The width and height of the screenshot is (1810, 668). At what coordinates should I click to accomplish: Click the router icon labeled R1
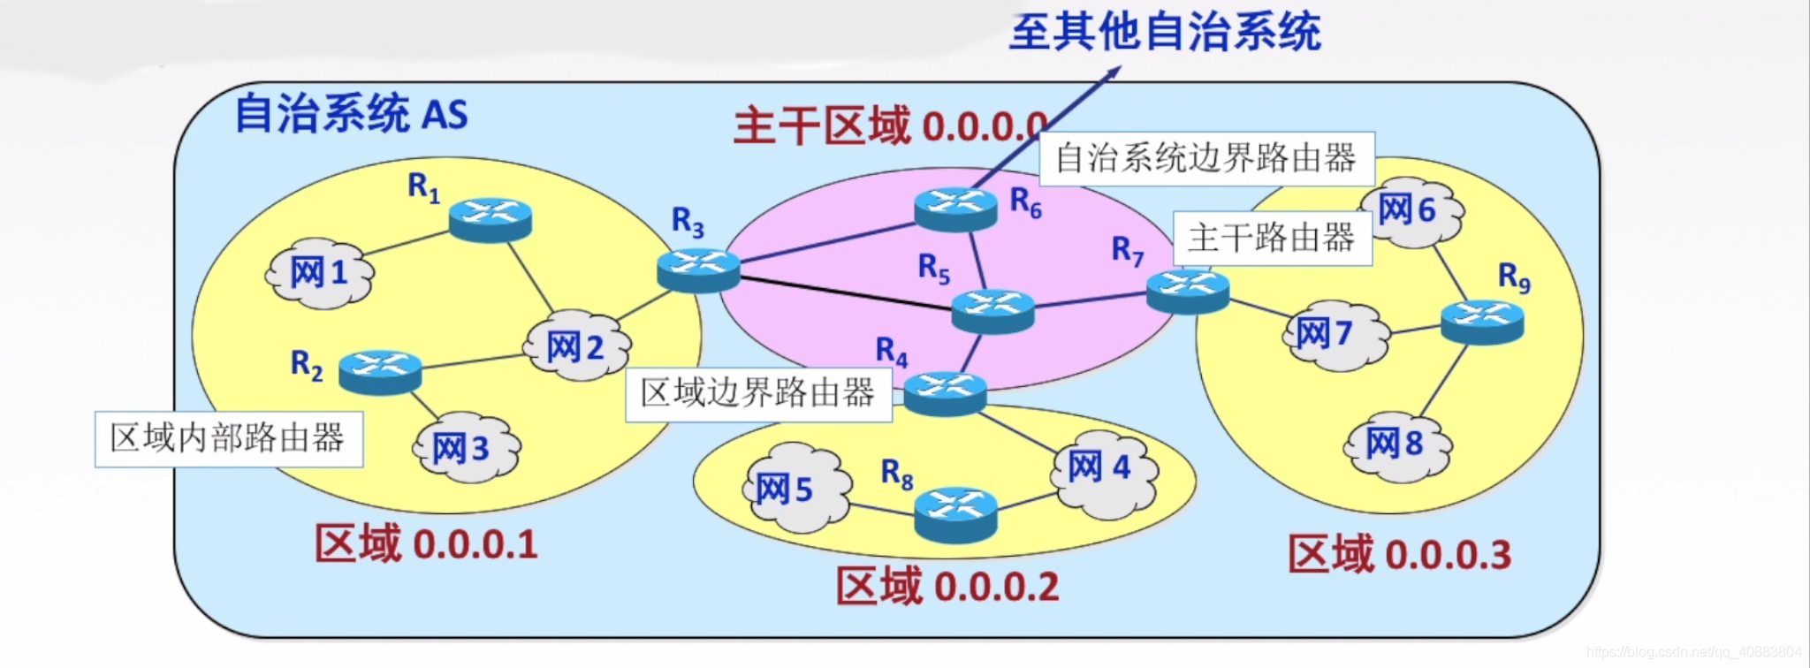coord(491,218)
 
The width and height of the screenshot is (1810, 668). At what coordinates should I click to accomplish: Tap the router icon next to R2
coord(380,371)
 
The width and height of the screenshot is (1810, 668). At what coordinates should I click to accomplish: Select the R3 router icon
coord(698,269)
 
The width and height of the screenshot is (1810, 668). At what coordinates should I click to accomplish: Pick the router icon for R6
coord(955,208)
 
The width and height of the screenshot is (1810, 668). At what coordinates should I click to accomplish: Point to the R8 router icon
coord(955,513)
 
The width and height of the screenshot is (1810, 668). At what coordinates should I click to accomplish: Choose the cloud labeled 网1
coord(320,273)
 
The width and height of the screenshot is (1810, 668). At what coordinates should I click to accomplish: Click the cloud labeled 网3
coord(465,448)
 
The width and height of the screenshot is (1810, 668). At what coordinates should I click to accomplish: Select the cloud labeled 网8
coord(1397,444)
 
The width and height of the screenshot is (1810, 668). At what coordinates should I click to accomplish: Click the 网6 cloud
coord(1411,211)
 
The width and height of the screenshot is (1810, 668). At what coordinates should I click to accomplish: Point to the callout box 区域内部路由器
coord(229,438)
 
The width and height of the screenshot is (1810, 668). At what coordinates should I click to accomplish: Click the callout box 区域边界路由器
coord(758,393)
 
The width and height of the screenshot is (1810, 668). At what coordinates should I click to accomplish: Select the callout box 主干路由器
coord(1272,238)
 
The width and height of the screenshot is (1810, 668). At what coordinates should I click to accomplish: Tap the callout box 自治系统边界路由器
coord(1206,159)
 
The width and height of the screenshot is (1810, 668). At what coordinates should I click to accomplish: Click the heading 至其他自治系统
coord(1165,33)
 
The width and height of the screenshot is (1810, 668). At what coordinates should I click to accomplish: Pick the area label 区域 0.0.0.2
coord(947,586)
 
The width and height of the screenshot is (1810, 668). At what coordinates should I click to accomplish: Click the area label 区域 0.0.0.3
coord(1399,554)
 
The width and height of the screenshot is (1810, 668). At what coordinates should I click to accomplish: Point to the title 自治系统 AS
coord(351,114)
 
